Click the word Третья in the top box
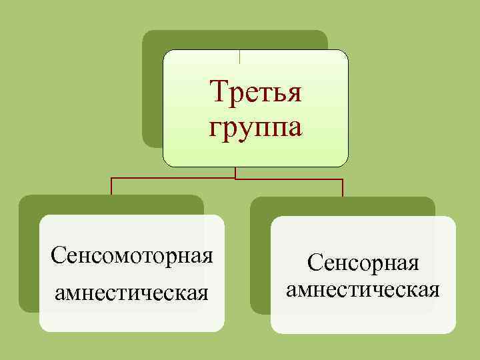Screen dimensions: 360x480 coord(255,92)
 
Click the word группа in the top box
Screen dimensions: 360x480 coord(255,127)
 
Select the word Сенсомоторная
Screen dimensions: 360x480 coord(131,255)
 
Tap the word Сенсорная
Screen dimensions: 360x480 coord(363,263)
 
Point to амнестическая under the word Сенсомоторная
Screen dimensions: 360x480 coord(131,292)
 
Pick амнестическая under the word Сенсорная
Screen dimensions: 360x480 coord(362,290)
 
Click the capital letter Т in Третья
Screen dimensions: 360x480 coord(217,92)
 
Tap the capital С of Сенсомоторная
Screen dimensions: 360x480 coord(57,255)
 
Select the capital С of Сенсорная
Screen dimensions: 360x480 coord(313,263)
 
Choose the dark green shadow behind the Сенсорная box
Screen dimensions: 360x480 coord(260,267)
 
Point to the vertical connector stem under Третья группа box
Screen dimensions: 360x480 coord(235,173)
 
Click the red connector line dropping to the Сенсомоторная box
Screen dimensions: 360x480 coord(111,187)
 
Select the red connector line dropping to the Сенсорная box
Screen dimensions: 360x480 coord(342,188)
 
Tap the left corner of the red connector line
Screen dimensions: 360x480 coord(111,179)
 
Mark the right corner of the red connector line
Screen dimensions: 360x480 coord(342,179)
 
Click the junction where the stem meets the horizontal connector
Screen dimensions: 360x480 coord(235,179)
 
